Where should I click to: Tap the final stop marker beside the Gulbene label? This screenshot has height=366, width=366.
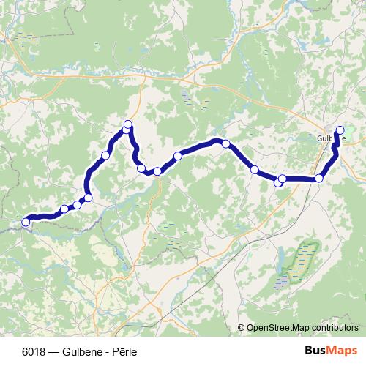(x=339, y=130)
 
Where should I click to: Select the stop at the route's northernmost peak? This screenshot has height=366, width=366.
(x=128, y=124)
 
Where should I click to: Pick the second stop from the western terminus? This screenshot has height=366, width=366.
(x=64, y=209)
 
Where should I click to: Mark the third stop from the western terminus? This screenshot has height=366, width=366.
(x=77, y=205)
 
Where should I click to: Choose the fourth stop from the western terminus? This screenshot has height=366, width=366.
(x=89, y=198)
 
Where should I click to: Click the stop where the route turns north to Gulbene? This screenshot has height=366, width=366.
(x=319, y=179)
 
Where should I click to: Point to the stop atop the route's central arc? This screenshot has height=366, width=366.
(x=226, y=143)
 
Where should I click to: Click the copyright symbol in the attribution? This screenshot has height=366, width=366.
(x=241, y=328)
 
